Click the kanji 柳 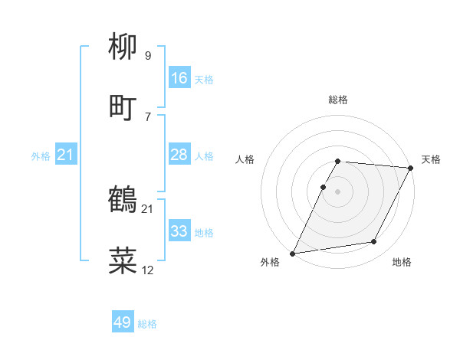(123, 48)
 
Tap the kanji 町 (123, 106)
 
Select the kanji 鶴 (123, 200)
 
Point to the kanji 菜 (123, 261)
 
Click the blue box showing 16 (179, 78)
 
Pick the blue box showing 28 (179, 155)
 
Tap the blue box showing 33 (179, 231)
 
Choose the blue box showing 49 (123, 323)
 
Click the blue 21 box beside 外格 (66, 155)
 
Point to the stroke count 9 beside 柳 (147, 56)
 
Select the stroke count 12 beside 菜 (147, 270)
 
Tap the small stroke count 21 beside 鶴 (147, 208)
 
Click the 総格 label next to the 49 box (147, 324)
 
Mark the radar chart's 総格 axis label (338, 100)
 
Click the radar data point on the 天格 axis (411, 168)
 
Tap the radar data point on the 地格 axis (374, 242)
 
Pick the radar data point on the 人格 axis (323, 187)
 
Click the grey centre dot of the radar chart (337, 191)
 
